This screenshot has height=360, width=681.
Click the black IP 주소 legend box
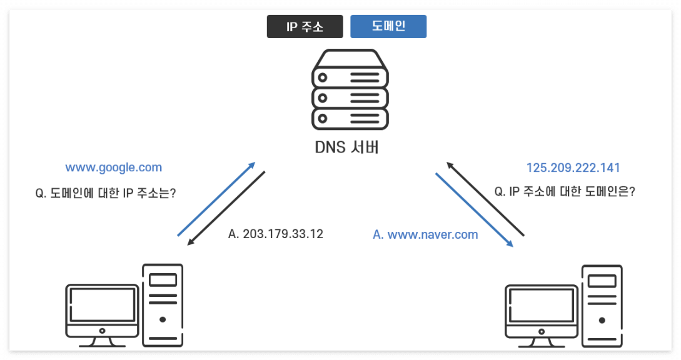click(x=305, y=27)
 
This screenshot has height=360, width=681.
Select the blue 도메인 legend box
click(x=388, y=27)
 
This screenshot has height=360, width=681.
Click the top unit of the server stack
click(x=350, y=77)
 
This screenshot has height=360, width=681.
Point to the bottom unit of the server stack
click(x=350, y=117)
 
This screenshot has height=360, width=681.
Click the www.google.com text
click(x=114, y=167)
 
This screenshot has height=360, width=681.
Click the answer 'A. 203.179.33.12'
click(x=276, y=234)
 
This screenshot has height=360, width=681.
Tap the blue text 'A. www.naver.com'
click(x=425, y=235)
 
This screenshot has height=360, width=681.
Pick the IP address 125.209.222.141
click(x=573, y=167)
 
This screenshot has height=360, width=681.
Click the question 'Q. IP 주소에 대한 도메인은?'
click(x=565, y=192)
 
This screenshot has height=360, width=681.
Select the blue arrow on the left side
click(x=216, y=199)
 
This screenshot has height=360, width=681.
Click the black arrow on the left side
click(x=226, y=207)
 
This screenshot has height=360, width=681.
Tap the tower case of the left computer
click(x=163, y=305)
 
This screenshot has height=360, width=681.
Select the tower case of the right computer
click(x=602, y=305)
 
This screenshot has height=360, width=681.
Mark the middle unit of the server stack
click(x=350, y=97)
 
